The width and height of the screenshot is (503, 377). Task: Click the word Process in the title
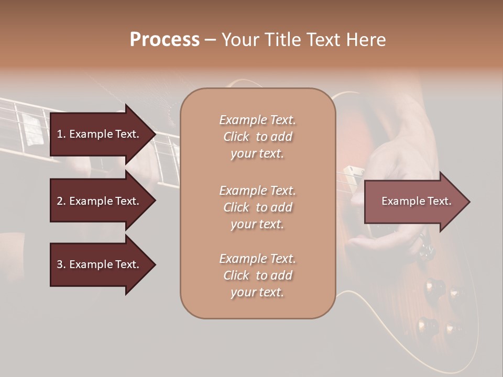click(x=165, y=40)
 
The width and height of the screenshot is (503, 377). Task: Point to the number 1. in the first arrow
click(x=61, y=134)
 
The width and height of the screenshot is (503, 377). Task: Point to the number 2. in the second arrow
click(x=61, y=201)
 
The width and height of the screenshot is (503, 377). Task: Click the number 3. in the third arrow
click(x=61, y=264)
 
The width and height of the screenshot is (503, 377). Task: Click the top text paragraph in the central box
click(x=257, y=137)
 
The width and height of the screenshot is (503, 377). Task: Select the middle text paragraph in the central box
click(x=257, y=207)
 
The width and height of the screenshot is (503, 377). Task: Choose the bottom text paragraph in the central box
click(x=257, y=275)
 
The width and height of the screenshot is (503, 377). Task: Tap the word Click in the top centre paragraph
click(x=236, y=137)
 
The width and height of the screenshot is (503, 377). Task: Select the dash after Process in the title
click(x=210, y=40)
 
